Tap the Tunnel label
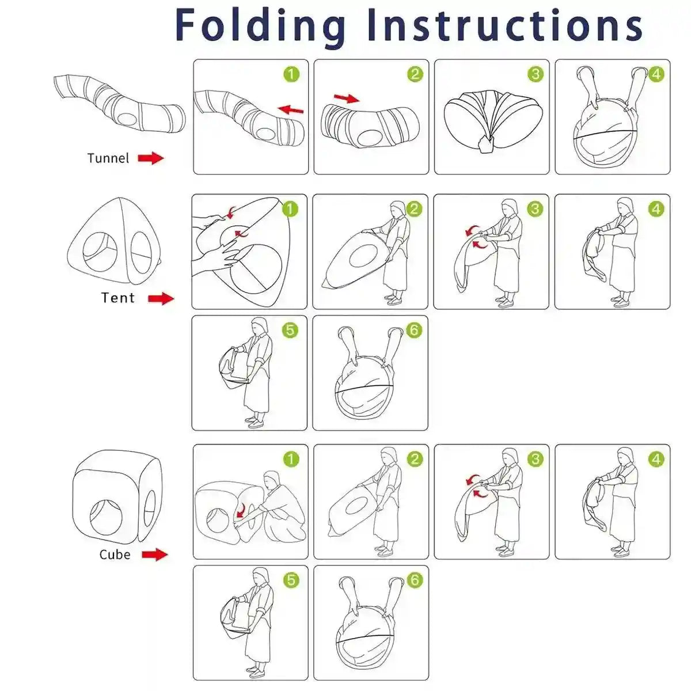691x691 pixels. pos(108,158)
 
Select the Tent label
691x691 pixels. pos(117,298)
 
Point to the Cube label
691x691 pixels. pos(115,555)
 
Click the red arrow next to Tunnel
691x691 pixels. pos(151,158)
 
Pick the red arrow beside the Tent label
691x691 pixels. pos(161,298)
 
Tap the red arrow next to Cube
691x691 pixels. pos(155,555)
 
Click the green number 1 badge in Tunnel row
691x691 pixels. pos(291,74)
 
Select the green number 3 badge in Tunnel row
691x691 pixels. pos(536,74)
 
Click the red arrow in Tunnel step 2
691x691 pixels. pos(347,98)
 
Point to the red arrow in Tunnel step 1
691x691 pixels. pos(290,109)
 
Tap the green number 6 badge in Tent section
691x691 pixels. pos(414,331)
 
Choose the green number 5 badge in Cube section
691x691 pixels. pos(291,580)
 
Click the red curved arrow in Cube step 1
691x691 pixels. pos(241,511)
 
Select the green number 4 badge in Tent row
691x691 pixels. pos(656,209)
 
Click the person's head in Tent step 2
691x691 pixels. pos(397,209)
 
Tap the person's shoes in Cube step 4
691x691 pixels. pos(620,552)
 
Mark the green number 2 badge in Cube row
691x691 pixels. pos(415,459)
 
